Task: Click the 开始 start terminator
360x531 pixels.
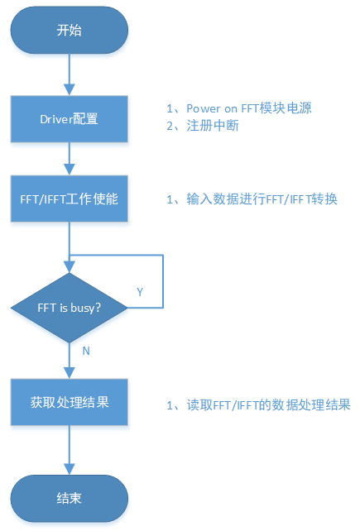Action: (x=70, y=31)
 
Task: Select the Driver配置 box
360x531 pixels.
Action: (x=70, y=118)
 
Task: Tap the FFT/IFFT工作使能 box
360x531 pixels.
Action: (x=70, y=199)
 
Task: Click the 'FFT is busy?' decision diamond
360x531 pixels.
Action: (x=70, y=308)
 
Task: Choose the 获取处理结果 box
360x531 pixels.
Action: (x=70, y=403)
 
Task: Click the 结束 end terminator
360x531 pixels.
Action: (x=70, y=499)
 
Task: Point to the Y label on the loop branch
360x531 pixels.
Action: (x=139, y=292)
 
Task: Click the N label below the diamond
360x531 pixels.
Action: (x=86, y=350)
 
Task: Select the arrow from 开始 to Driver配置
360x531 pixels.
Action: (x=70, y=75)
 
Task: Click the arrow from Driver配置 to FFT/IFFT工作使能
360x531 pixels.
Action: (x=70, y=159)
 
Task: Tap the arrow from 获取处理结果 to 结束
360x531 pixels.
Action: (x=70, y=451)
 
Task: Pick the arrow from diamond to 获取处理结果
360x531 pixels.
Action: (x=70, y=361)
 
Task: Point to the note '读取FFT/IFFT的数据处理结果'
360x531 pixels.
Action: (x=258, y=404)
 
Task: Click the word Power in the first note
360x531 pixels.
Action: (x=204, y=109)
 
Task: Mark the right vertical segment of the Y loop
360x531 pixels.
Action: (x=163, y=281)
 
